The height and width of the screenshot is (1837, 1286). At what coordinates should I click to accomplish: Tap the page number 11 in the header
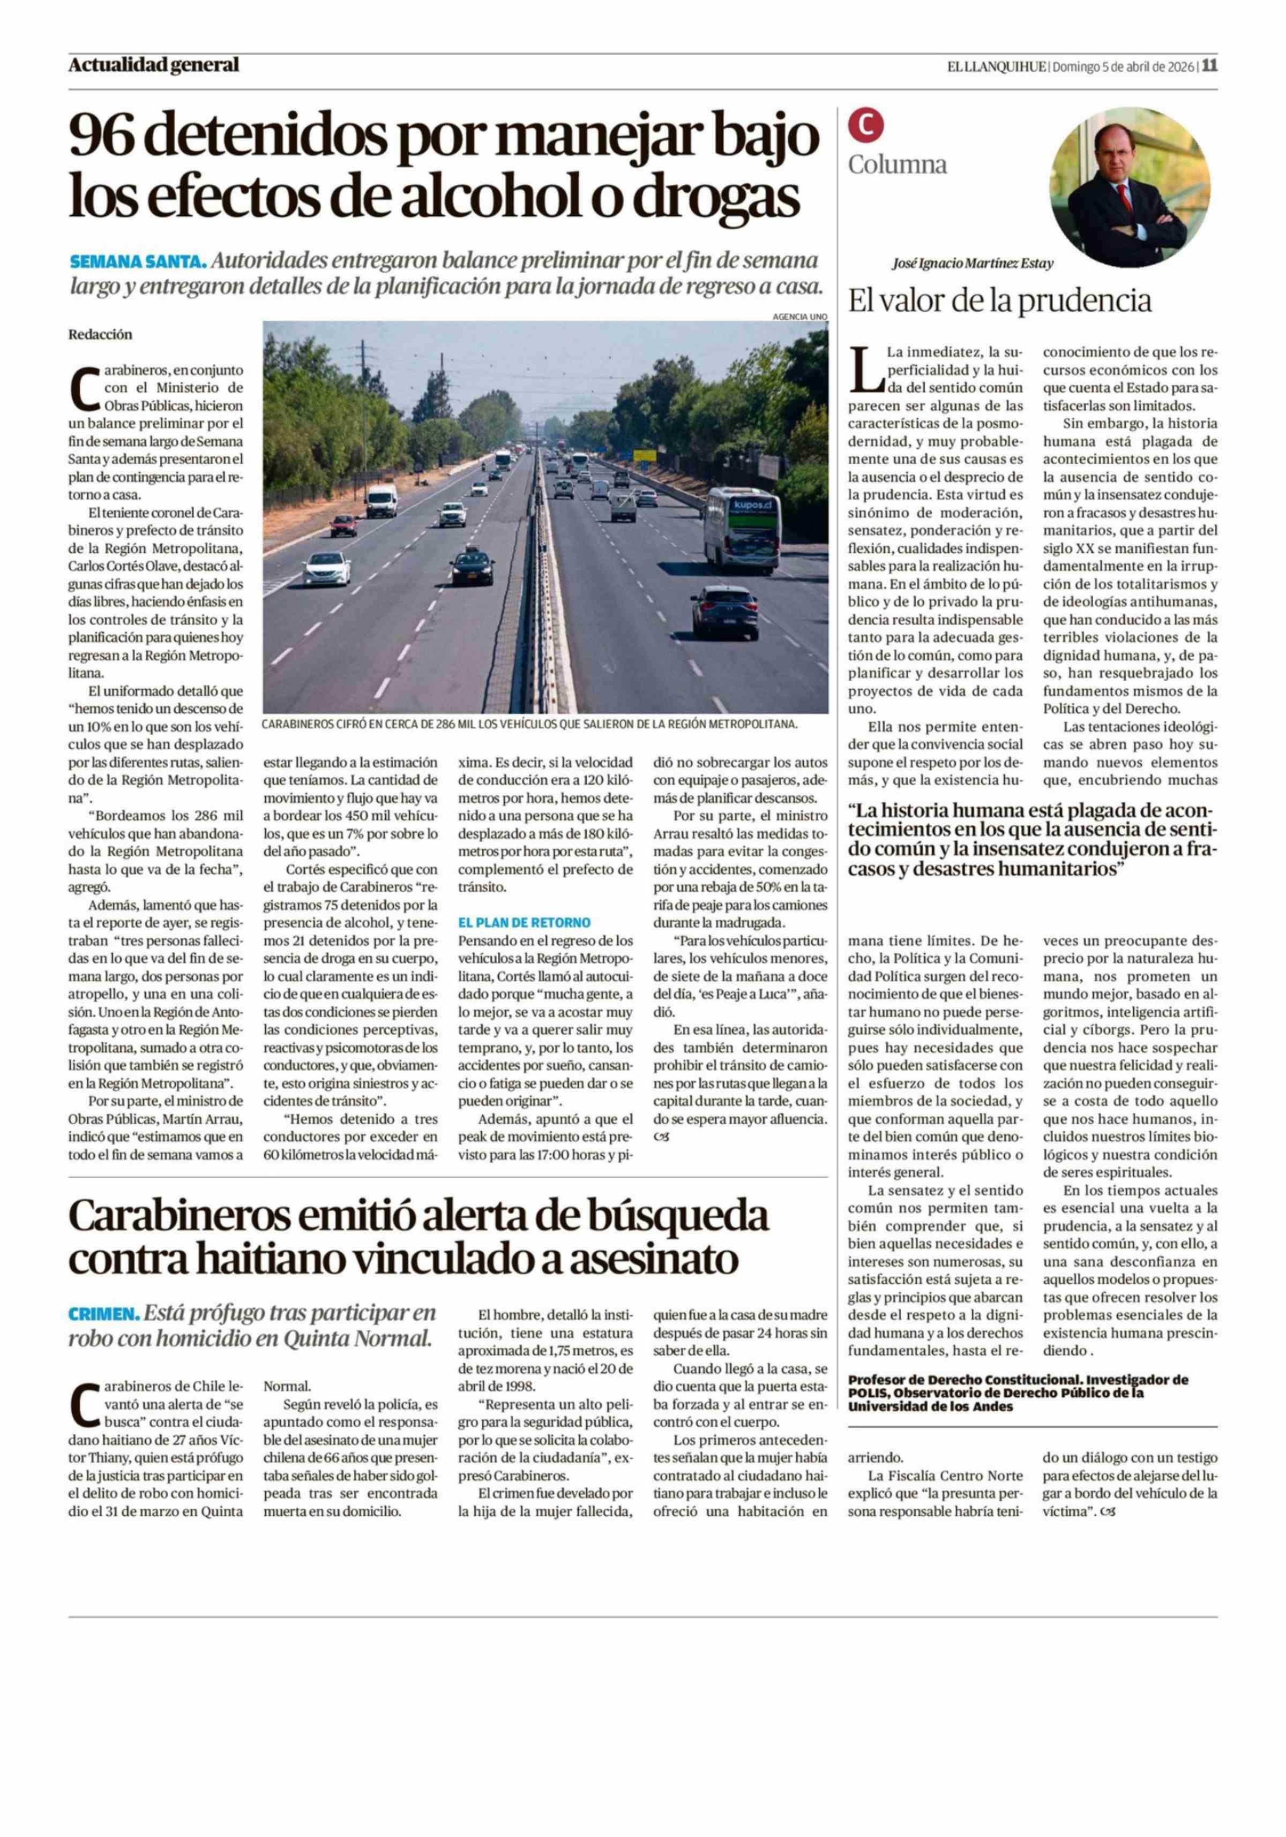click(1209, 65)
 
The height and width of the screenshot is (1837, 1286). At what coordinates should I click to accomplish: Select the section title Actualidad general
click(154, 65)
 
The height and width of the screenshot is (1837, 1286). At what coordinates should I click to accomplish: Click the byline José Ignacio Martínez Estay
click(973, 263)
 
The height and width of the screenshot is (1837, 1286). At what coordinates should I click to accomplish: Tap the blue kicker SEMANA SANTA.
click(138, 262)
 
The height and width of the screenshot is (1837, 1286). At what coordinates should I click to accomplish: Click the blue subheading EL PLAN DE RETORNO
click(524, 922)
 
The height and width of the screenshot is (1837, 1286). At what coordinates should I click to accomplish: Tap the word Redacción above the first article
click(100, 334)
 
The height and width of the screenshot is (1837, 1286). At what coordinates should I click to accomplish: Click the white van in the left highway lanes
click(382, 501)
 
